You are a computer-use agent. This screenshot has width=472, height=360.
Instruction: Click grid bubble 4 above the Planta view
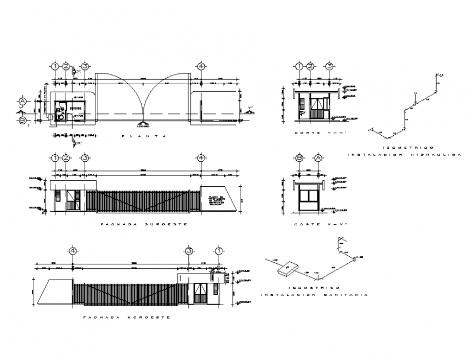201,66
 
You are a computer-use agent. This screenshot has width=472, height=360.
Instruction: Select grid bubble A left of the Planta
23,102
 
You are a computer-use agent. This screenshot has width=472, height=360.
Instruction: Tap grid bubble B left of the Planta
23,121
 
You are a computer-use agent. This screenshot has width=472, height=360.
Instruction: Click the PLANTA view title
144,136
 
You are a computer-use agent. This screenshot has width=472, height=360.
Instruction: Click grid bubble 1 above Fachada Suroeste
55,158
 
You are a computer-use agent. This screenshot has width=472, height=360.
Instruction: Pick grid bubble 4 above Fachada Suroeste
201,158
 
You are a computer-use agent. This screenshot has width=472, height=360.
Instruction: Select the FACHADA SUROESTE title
144,224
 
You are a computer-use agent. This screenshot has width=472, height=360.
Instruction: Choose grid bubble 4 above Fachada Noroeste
73,251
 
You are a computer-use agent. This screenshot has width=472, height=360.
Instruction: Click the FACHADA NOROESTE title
126,317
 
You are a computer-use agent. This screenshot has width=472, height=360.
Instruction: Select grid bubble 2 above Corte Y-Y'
310,66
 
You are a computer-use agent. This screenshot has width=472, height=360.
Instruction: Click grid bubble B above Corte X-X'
299,158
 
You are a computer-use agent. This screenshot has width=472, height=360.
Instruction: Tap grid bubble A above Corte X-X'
318,158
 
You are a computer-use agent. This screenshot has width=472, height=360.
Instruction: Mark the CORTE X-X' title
314,224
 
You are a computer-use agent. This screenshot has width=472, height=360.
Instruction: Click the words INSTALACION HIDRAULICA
404,155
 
